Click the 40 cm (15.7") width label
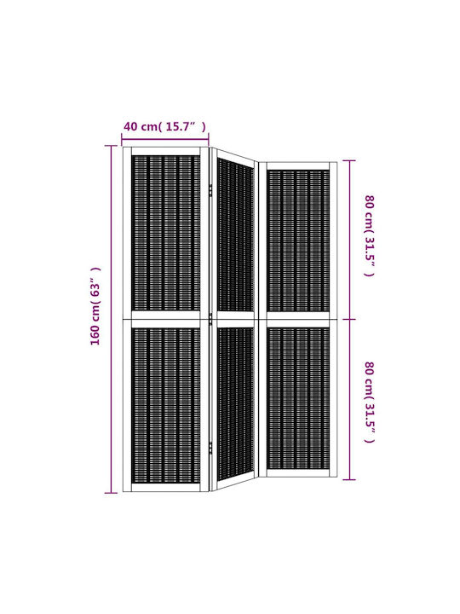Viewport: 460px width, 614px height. pos(164,126)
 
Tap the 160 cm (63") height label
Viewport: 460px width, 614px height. pos(95,306)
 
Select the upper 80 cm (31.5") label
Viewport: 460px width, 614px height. pos(369,235)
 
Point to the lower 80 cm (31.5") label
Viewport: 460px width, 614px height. pos(369,402)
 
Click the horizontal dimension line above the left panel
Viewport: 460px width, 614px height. pos(165,139)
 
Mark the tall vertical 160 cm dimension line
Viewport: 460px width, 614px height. pos(111,319)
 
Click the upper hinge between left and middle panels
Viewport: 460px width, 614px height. pos(210,190)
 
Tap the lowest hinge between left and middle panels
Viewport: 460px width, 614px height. pos(210,448)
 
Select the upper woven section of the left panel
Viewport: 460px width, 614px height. pos(165,234)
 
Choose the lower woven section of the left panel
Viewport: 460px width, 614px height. pos(165,406)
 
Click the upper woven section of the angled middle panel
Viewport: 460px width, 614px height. pos(235,236)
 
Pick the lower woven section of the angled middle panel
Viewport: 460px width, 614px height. pos(235,404)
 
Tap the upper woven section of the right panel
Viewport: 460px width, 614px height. pos(298,240)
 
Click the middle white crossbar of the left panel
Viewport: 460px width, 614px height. pos(165,320)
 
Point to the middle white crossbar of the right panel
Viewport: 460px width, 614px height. pos(298,320)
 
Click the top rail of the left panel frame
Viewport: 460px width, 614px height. pos(165,151)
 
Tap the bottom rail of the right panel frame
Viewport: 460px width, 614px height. pos(298,473)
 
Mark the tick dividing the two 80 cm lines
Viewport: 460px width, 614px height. pos(349,319)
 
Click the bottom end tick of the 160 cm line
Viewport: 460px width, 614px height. pos(111,493)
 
